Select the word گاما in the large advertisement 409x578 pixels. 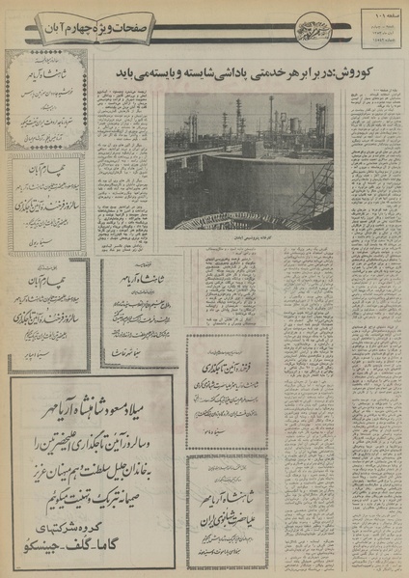point(126,543)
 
